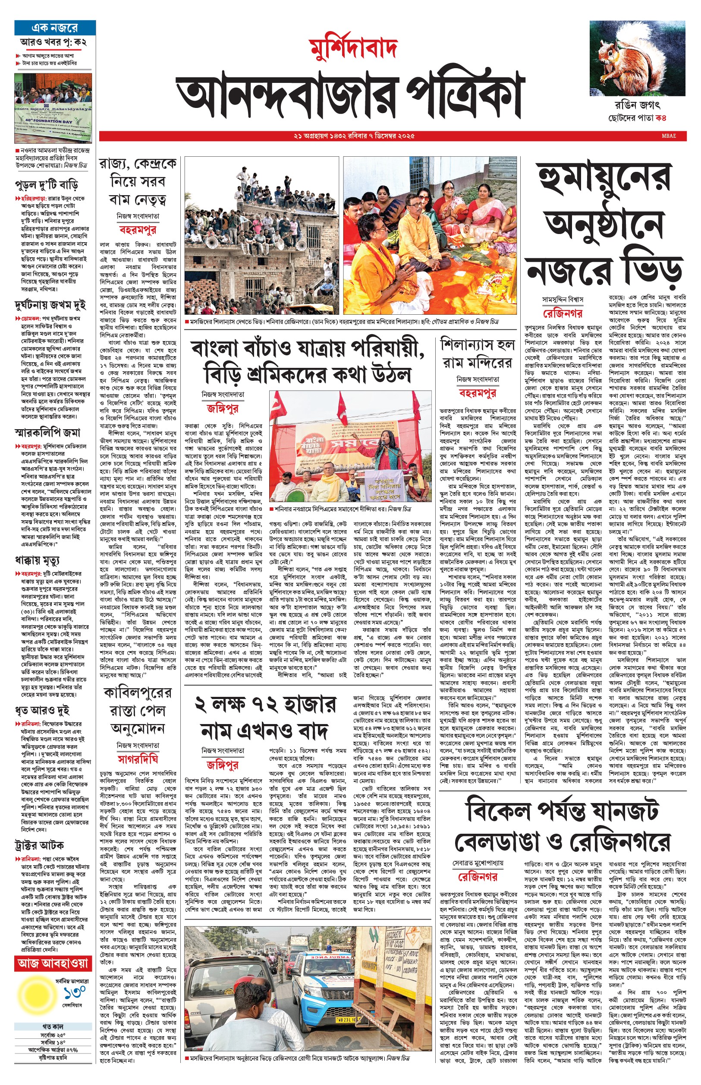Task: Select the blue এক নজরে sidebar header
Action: coord(55,28)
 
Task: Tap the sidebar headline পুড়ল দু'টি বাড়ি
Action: coord(47,185)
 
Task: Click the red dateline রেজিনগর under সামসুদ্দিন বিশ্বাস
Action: coord(562,313)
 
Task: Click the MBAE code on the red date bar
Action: coord(669,136)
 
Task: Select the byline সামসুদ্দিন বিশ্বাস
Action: coord(562,300)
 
